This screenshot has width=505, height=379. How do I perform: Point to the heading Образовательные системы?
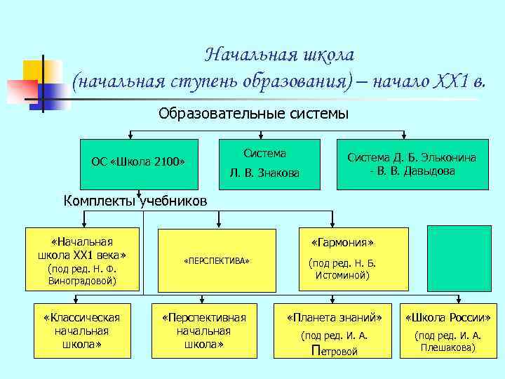point(253,114)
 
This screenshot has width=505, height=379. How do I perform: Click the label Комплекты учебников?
point(135,201)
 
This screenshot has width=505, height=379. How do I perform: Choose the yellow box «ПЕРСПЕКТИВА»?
point(217,260)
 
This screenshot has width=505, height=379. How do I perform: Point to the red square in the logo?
point(21,91)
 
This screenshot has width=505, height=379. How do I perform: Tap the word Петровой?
point(333,352)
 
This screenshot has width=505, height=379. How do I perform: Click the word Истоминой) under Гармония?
point(343,276)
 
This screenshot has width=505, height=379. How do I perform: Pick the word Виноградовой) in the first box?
point(82,281)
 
